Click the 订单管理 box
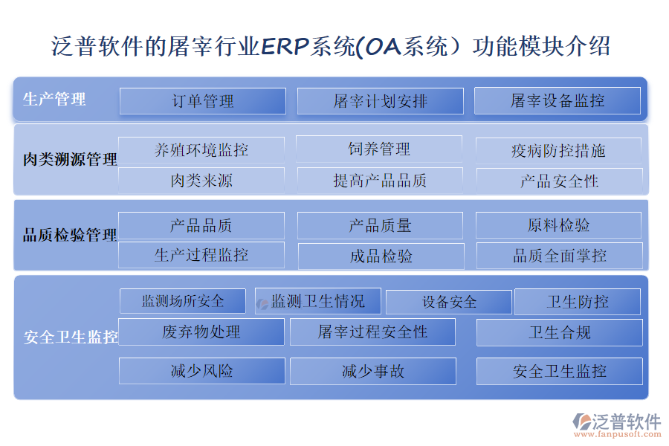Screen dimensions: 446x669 coord(202,101)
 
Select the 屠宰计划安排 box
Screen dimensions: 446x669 coord(380,101)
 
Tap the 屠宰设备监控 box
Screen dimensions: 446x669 coord(557,101)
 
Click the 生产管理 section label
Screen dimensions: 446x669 coord(54,99)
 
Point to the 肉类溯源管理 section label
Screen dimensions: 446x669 coord(70,159)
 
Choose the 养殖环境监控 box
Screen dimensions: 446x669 coord(201,150)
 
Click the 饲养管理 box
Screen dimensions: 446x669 coord(379,149)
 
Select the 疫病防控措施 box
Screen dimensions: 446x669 coord(558,151)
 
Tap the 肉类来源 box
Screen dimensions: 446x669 coord(201,181)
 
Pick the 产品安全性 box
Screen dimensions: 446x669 coord(559,181)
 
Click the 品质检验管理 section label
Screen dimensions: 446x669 coord(70,236)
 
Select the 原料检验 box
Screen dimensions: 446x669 coord(558,225)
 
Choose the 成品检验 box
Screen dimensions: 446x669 coord(381,256)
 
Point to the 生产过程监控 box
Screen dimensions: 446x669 coord(201,255)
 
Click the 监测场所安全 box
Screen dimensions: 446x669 coord(183,301)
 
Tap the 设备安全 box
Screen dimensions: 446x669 coord(449,302)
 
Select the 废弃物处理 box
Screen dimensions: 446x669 coord(201,332)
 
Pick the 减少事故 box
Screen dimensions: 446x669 coord(372,371)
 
